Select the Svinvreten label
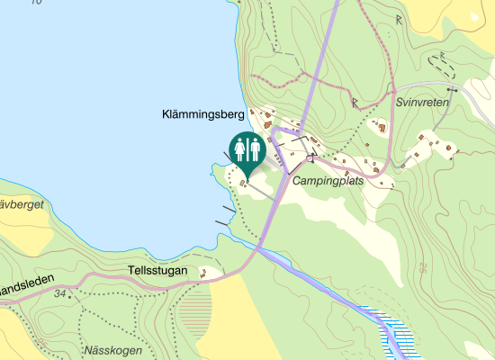[x=422, y=103]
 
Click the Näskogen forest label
[x=112, y=350]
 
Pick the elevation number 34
[x=60, y=294]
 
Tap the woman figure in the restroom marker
[x=240, y=149]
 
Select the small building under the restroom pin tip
[x=243, y=183]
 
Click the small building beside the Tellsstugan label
[x=204, y=272]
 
